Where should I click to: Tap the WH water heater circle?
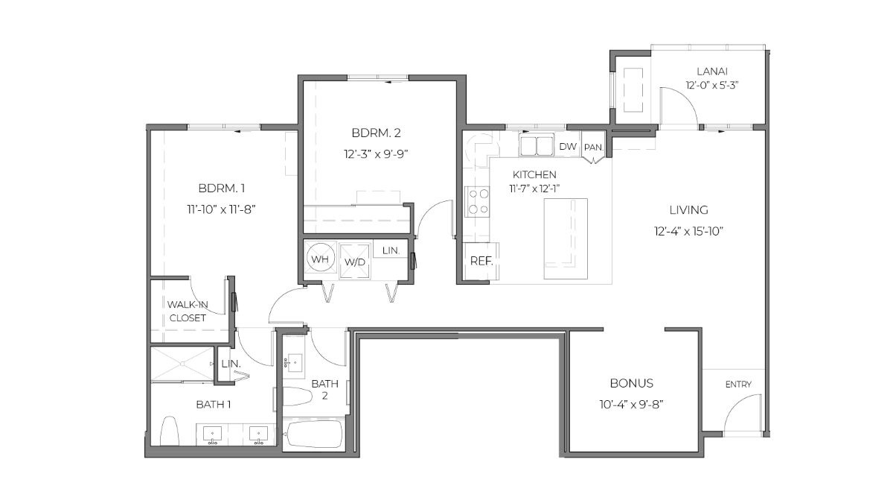[320, 259]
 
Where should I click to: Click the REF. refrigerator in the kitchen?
[477, 262]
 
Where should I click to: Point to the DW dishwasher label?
[567, 146]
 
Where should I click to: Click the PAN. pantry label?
[593, 147]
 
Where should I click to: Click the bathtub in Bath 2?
[313, 434]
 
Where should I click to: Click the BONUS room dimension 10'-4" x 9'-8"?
[631, 404]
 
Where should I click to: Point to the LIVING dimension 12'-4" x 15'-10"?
[687, 231]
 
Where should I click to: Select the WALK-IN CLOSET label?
[187, 311]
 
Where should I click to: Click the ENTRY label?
[738, 385]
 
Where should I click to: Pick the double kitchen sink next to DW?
[537, 145]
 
